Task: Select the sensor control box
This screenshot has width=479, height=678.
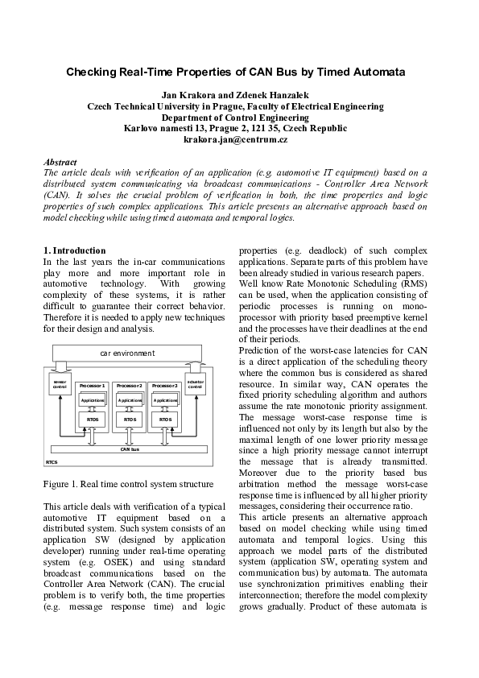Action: (60, 386)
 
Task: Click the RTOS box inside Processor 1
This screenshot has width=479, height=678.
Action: (92, 419)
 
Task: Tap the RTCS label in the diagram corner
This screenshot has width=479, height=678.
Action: (52, 463)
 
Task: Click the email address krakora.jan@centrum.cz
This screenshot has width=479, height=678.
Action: (235, 139)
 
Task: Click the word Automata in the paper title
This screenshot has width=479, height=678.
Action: (375, 72)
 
